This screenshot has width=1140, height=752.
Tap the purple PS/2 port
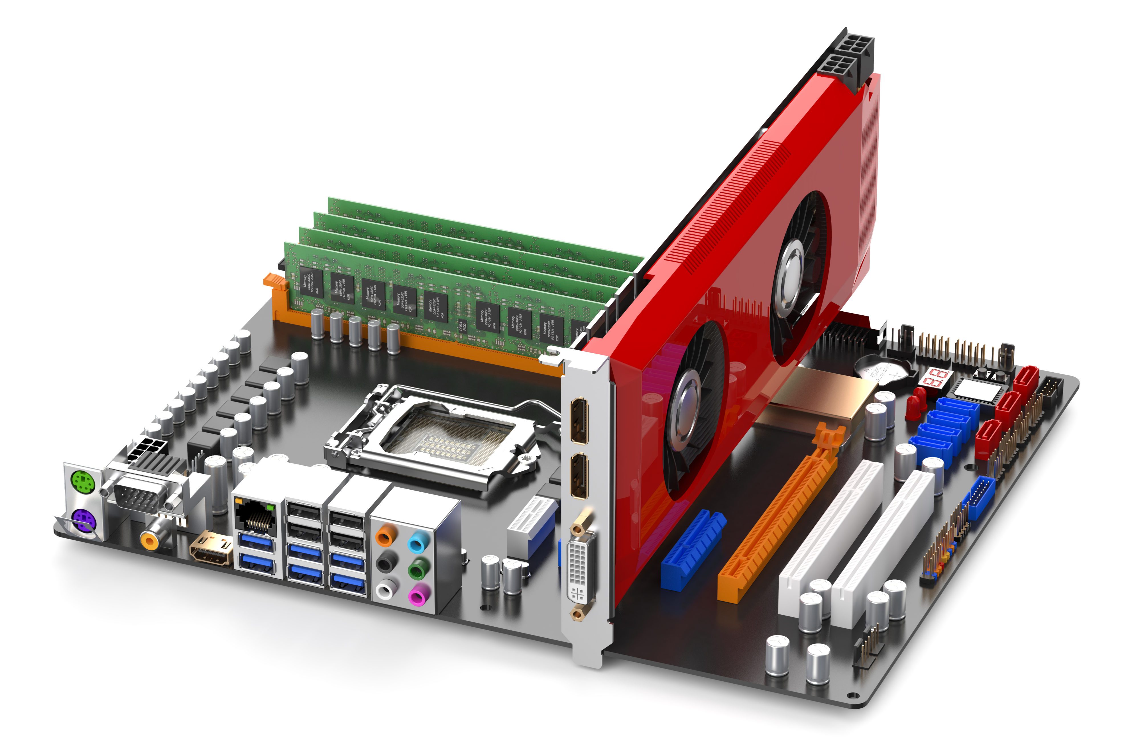[x=83, y=521]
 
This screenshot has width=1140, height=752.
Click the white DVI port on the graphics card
[x=581, y=571]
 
